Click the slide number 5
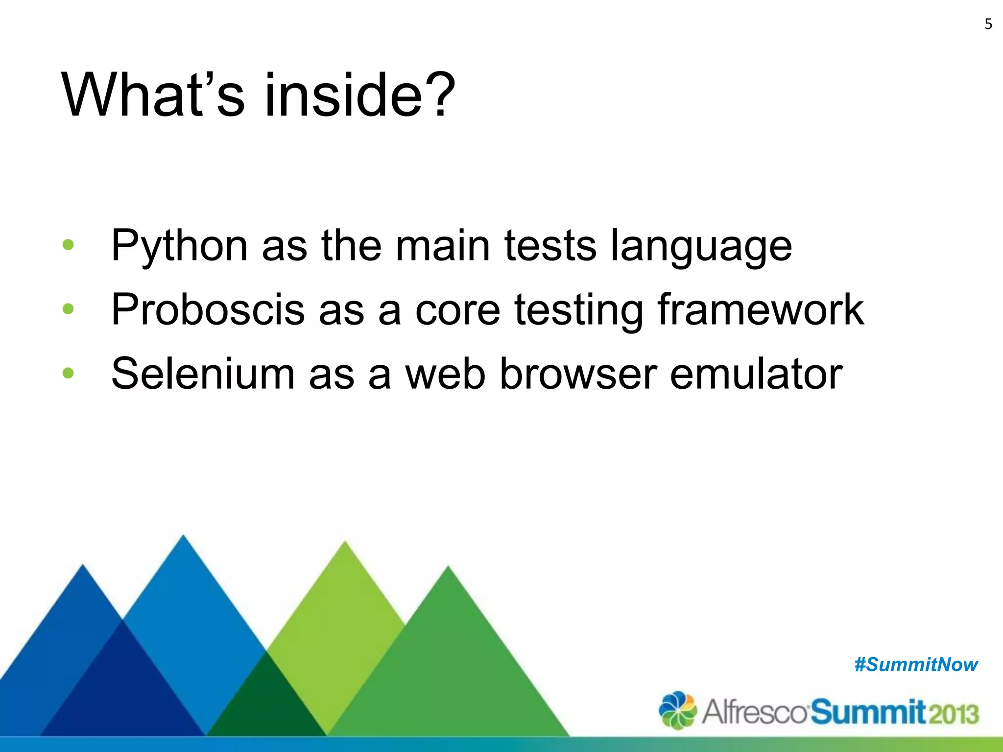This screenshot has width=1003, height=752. click(988, 24)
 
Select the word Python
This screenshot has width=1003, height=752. click(179, 246)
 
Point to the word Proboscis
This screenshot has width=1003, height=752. click(208, 310)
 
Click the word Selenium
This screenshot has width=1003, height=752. click(203, 374)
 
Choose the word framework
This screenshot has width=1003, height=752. click(761, 309)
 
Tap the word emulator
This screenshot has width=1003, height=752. click(756, 374)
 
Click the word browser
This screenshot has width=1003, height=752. click(577, 374)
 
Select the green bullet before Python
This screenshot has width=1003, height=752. click(68, 244)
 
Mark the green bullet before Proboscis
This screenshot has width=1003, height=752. click(68, 309)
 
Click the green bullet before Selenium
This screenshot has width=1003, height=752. click(68, 373)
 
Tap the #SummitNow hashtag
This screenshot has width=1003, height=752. click(916, 665)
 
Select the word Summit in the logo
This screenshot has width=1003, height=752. click(868, 712)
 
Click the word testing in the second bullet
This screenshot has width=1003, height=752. click(578, 310)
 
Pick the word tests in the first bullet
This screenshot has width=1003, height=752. click(550, 246)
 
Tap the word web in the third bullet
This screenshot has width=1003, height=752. click(445, 374)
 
